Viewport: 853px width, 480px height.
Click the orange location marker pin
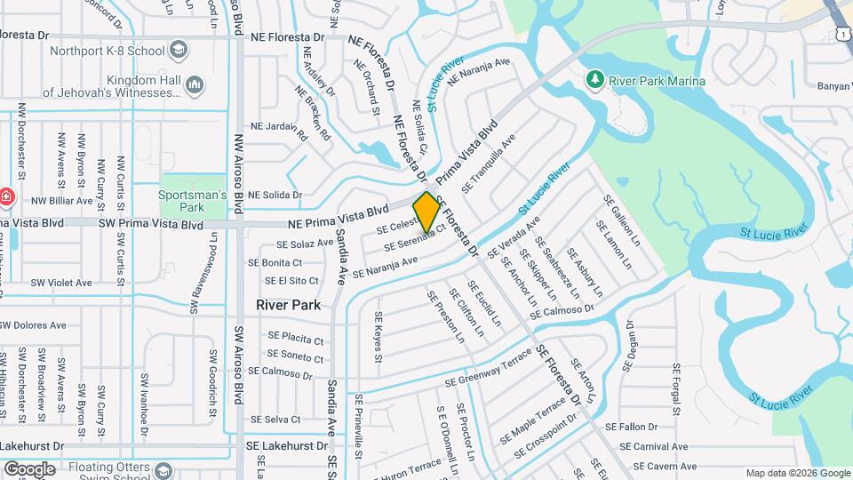426,212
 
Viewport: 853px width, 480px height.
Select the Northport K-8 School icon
178,50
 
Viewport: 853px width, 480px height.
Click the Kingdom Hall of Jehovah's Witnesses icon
195,84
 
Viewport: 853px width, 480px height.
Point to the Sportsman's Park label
193,201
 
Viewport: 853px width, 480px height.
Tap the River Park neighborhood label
288,304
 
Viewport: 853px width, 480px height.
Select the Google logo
29,468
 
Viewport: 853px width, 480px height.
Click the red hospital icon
5,196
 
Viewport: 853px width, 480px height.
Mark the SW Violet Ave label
61,283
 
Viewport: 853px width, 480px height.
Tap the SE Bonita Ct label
275,262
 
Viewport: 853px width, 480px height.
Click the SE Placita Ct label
297,338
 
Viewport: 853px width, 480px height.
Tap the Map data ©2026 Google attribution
798,473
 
